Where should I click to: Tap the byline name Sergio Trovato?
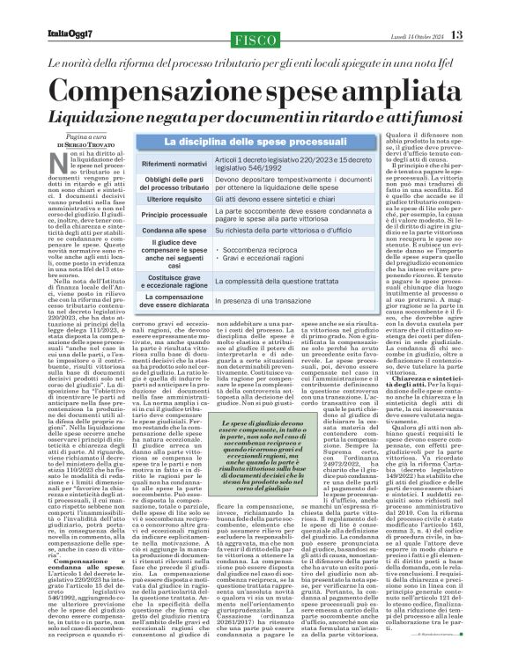96,143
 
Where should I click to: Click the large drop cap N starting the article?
61,161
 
